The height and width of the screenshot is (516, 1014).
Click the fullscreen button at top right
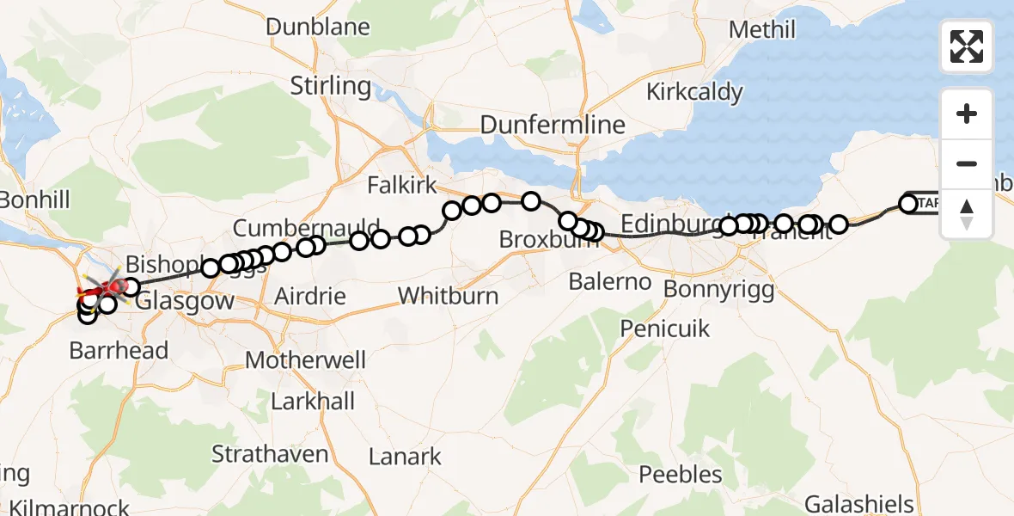tap(967, 46)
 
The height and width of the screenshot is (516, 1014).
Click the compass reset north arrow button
tap(967, 213)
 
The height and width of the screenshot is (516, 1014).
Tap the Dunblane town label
tap(318, 27)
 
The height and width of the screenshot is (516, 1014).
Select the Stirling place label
tap(331, 86)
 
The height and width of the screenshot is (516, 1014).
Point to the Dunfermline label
tap(553, 126)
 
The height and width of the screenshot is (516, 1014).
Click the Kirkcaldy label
tap(694, 92)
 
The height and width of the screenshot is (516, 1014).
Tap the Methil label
tap(762, 30)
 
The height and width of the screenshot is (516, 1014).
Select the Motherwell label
tap(306, 359)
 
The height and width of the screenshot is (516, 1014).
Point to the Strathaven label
tap(270, 454)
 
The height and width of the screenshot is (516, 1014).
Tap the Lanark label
tap(405, 456)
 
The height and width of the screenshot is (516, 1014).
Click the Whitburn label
tap(448, 297)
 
